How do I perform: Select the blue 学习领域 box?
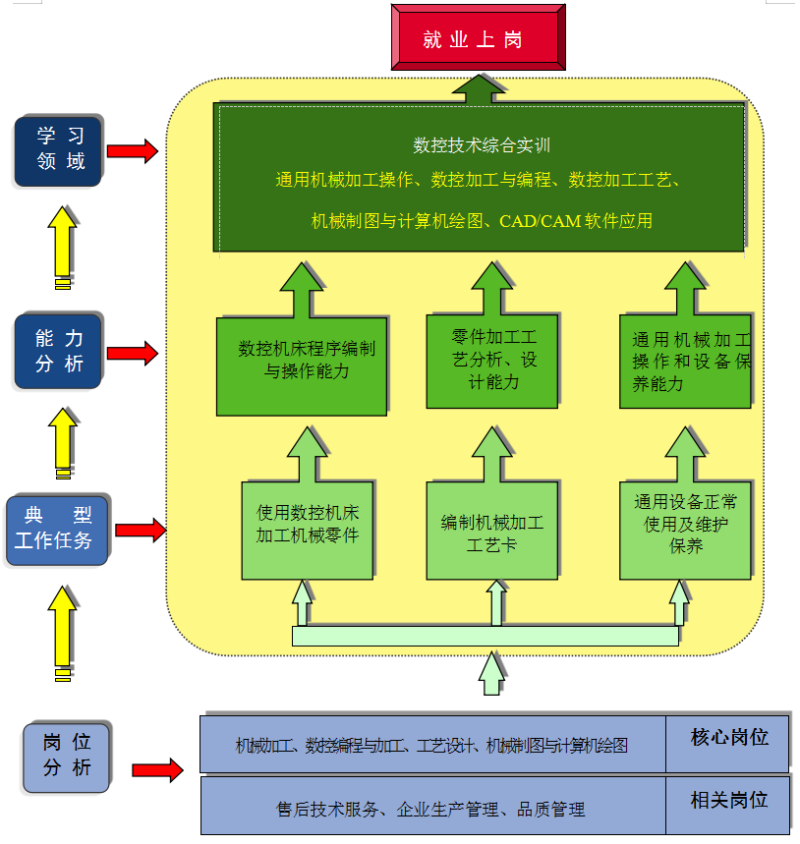coord(60,149)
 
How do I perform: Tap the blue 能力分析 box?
coord(59,351)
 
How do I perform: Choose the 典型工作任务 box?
coord(58,530)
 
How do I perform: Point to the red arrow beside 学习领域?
coord(132,151)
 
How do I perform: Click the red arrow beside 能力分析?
coord(132,353)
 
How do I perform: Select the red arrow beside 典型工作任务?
coord(140,531)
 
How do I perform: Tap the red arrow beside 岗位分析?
coord(157,769)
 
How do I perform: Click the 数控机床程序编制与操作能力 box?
coord(301,361)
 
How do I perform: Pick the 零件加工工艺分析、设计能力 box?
coord(491,361)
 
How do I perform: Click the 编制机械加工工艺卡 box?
coord(491,532)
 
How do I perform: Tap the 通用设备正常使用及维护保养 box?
coord(685,528)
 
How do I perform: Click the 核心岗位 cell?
coord(728,738)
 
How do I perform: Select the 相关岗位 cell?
coord(728,801)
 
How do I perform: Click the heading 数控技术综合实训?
coord(481,146)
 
